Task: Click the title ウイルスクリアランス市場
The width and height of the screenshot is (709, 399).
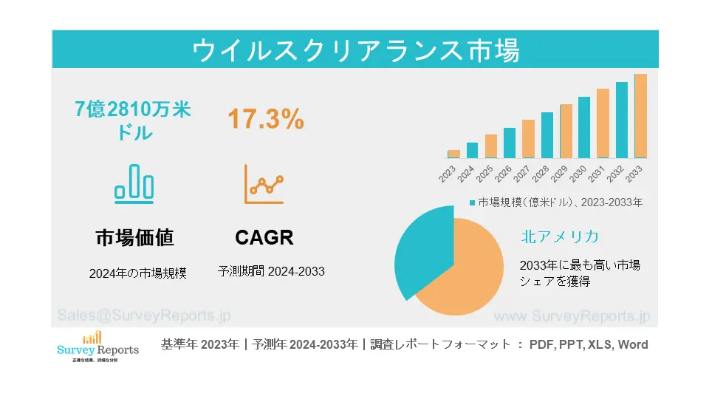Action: click(x=355, y=50)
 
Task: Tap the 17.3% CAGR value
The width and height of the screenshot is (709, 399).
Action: click(x=265, y=119)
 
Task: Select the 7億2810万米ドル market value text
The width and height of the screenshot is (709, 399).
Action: click(x=134, y=121)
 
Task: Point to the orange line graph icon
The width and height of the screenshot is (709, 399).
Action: click(x=264, y=184)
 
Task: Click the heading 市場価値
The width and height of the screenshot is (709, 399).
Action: click(x=134, y=237)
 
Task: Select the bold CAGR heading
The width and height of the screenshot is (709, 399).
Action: click(x=264, y=237)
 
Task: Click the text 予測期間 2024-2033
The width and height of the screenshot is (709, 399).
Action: click(x=271, y=271)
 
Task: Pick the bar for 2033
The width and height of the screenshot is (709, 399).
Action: click(x=640, y=116)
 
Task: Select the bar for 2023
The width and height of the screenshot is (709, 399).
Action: click(x=453, y=154)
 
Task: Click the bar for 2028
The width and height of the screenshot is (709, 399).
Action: click(x=547, y=135)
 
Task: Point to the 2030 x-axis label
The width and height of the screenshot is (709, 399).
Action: click(x=579, y=174)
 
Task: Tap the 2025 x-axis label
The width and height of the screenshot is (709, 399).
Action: click(x=486, y=174)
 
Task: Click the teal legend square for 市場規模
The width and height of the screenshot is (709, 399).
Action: click(x=472, y=202)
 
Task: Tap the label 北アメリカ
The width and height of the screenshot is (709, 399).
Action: click(x=559, y=236)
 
